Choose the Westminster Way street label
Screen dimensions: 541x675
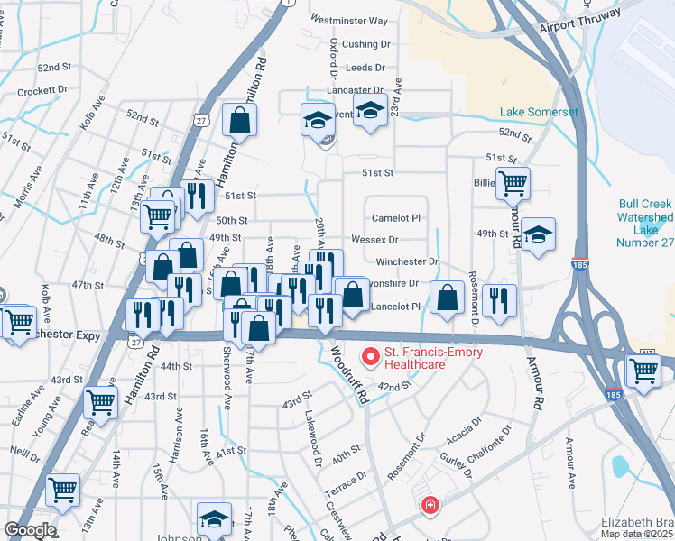click(x=348, y=20)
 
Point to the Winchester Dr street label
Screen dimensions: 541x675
click(x=408, y=261)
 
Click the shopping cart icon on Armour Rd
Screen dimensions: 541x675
click(x=513, y=183)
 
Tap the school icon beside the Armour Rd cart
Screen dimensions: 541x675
click(x=538, y=234)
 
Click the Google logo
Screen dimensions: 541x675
click(x=30, y=530)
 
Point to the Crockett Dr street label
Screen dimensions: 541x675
click(x=44, y=90)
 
